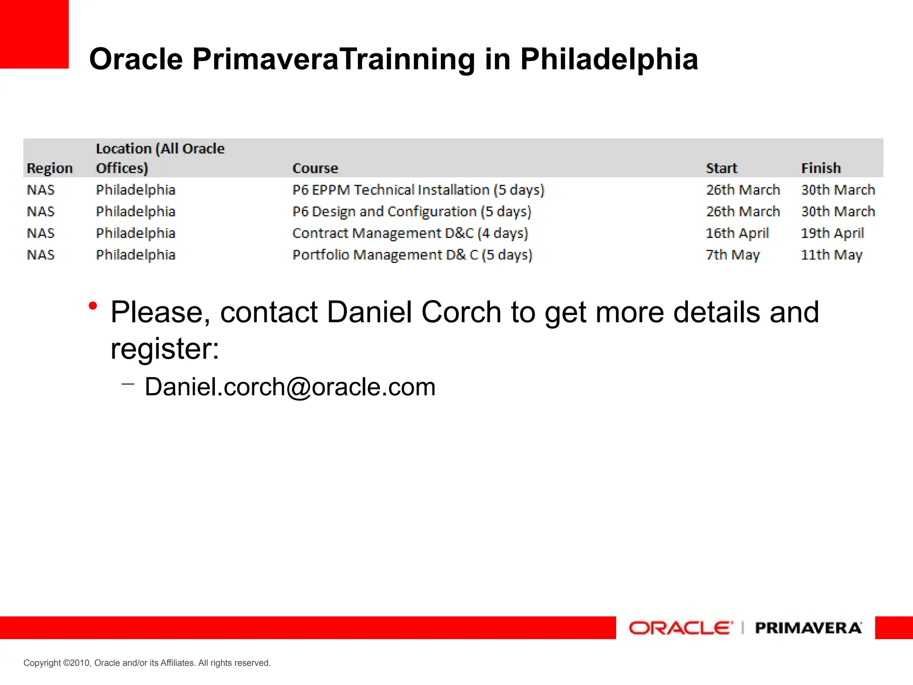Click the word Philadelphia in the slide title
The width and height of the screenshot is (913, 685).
pos(609,59)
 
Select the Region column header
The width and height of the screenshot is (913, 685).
pos(49,168)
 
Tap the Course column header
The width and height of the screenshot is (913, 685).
pos(315,168)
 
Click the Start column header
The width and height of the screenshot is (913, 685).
pos(721,168)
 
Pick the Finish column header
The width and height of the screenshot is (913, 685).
pos(821,168)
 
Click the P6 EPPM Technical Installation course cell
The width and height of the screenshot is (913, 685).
pos(418,190)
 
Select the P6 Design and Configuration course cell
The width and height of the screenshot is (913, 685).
pos(411,211)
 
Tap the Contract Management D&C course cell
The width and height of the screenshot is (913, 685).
pos(410,233)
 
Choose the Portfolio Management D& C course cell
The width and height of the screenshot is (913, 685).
pos(412,255)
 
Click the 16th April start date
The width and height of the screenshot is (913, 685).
pos(737,233)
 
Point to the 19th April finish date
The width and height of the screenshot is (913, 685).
pos(832,233)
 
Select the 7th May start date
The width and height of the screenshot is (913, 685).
pos(732,255)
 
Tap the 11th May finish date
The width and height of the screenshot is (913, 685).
pos(831,255)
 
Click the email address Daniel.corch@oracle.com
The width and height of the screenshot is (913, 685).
pos(290,387)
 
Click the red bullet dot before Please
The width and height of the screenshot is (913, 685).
pos(93,306)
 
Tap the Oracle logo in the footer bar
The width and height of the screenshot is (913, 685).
pos(680,628)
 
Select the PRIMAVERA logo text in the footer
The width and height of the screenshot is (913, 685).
pos(808,628)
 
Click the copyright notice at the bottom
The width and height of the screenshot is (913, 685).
pos(147,663)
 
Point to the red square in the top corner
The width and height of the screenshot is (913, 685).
pos(34,34)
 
